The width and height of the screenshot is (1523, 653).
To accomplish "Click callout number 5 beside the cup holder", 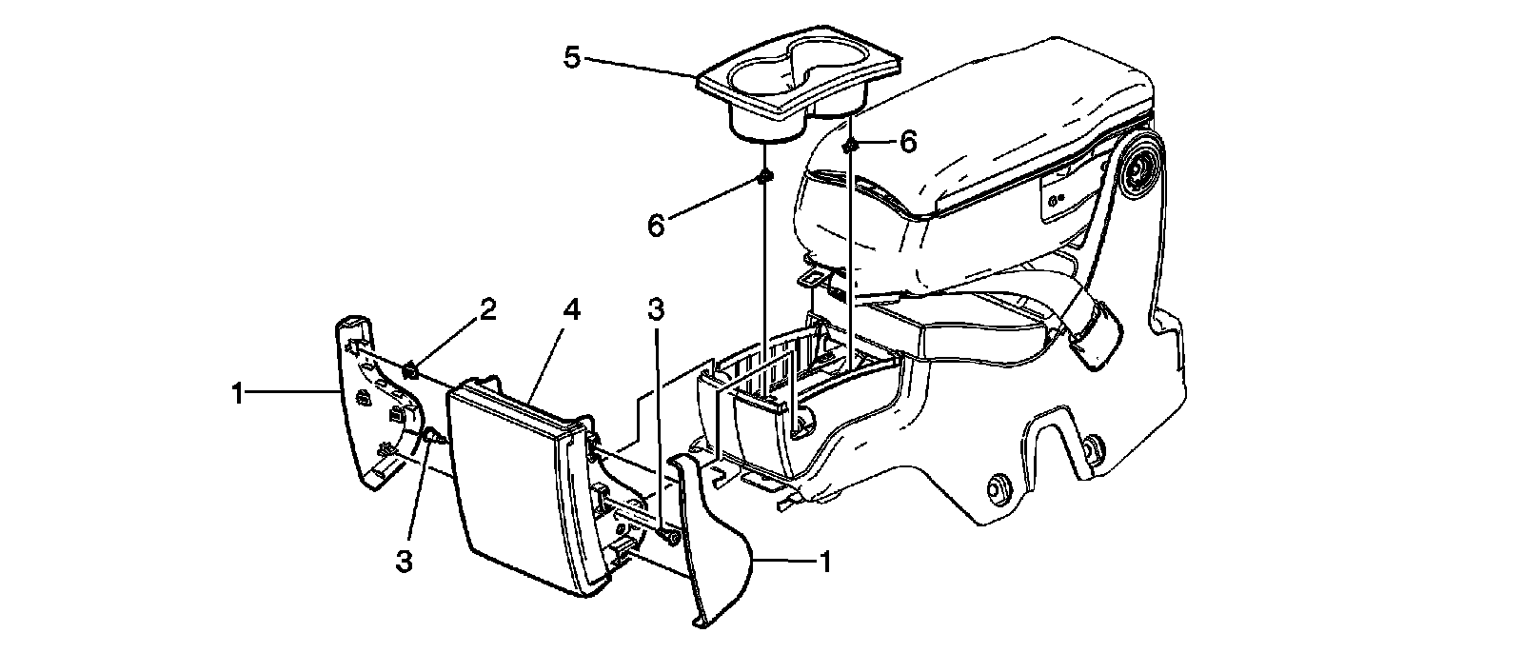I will (571, 57).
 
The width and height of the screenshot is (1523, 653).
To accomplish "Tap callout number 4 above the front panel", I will (570, 310).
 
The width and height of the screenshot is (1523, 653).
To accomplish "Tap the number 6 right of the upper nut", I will (907, 143).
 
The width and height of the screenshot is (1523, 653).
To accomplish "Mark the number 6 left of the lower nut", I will (654, 226).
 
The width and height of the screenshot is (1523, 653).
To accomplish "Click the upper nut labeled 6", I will (850, 145).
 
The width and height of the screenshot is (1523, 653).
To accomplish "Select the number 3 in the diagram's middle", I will (657, 310).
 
